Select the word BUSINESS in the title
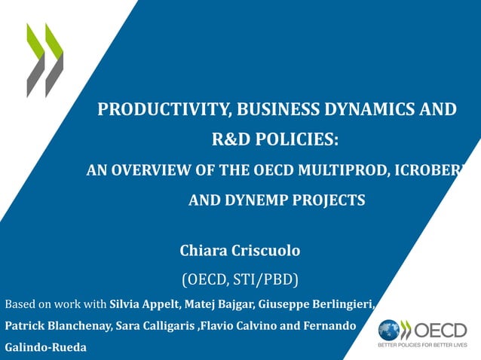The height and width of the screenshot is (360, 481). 268,109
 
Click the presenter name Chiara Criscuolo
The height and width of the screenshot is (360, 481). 240,249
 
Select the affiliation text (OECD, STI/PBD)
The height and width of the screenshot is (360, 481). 240,280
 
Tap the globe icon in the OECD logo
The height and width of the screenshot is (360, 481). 390,330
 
